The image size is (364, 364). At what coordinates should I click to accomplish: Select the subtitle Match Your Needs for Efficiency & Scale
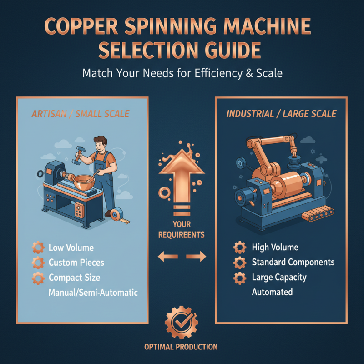pyautogui.click(x=182, y=73)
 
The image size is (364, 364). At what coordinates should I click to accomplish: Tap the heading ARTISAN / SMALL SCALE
pyautogui.click(x=81, y=114)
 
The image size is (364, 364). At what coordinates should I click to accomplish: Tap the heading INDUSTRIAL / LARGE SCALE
pyautogui.click(x=281, y=114)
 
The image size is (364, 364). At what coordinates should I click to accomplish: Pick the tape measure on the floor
pyautogui.click(x=117, y=214)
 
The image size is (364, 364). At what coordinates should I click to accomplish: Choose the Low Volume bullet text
pyautogui.click(x=71, y=248)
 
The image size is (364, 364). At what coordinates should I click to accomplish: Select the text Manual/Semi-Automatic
pyautogui.click(x=93, y=293)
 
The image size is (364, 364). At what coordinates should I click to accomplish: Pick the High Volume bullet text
pyautogui.click(x=275, y=248)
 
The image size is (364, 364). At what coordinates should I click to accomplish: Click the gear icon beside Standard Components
pyautogui.click(x=239, y=263)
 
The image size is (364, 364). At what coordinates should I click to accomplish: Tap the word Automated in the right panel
pyautogui.click(x=272, y=292)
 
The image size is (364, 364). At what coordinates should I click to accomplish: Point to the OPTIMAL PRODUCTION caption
pyautogui.click(x=181, y=347)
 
